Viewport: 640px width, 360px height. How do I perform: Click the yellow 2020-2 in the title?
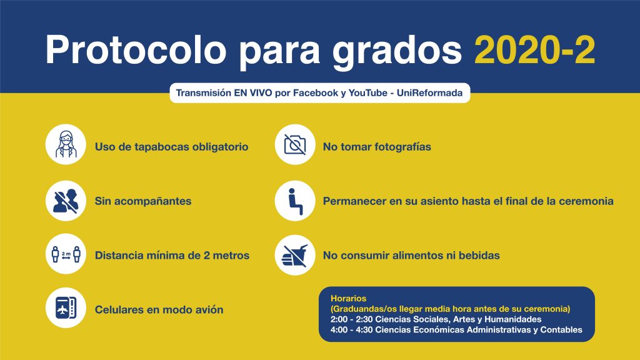pos(534,49)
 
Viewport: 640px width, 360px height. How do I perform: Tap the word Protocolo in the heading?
pos(136,49)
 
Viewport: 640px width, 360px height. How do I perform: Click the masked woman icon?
pos(66,144)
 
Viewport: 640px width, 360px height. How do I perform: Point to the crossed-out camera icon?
pos(295,144)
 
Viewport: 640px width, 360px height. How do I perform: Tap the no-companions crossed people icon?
pos(66,201)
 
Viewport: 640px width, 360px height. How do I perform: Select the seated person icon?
pos(295,201)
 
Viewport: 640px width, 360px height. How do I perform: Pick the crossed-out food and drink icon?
pos(294,256)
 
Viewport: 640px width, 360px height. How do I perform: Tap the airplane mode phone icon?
pos(66,307)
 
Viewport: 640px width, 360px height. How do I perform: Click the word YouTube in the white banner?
pos(367,93)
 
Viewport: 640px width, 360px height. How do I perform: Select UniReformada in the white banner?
pos(429,93)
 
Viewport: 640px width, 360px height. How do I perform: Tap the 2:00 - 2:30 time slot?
pos(351,319)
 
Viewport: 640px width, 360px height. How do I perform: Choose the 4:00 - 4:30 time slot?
pos(351,330)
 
